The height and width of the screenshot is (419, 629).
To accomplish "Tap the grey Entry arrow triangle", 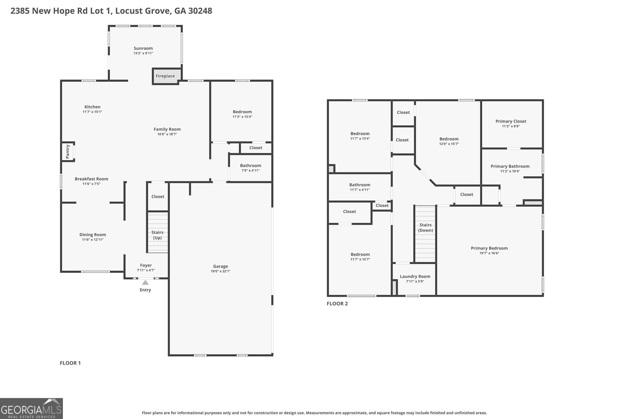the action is pyautogui.click(x=145, y=282).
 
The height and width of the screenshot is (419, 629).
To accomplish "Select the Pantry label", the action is pyautogui.click(x=68, y=151).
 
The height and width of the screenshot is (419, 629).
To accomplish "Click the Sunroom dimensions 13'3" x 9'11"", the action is pyautogui.click(x=143, y=53).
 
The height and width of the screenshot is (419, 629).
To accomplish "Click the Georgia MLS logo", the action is pyautogui.click(x=31, y=408).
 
